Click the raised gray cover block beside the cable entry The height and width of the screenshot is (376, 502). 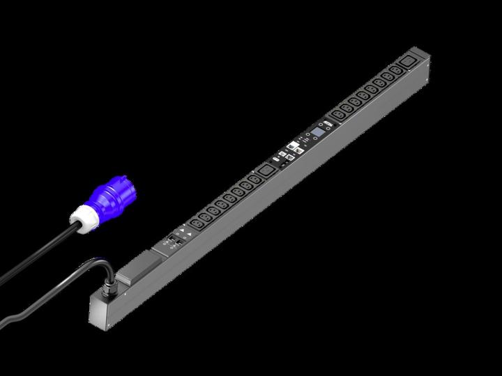140,267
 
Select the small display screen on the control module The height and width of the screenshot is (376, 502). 319,130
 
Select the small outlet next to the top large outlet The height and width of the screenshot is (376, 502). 395,72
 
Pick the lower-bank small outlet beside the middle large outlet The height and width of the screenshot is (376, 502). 254,179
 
